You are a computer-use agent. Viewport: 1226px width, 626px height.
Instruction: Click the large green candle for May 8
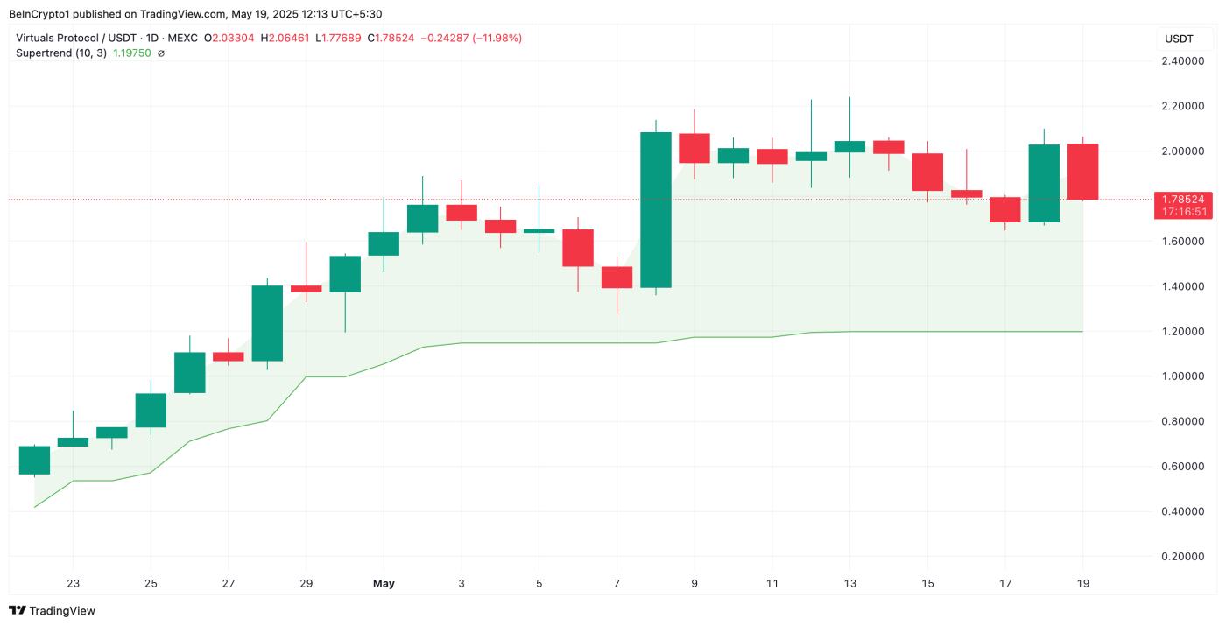click(656, 210)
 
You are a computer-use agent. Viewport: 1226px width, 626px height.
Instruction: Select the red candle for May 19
click(1082, 172)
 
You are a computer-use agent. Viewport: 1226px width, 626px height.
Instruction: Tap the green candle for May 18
click(1044, 183)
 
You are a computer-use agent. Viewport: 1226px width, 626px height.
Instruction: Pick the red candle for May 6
click(578, 248)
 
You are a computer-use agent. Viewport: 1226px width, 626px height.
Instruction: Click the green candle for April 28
click(267, 323)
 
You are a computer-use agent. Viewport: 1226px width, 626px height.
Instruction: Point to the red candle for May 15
click(927, 172)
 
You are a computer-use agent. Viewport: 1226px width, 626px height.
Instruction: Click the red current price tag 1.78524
click(1182, 199)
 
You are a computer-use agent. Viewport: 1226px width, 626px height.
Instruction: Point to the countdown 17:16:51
click(1182, 212)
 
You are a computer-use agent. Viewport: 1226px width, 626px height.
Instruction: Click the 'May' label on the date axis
click(384, 584)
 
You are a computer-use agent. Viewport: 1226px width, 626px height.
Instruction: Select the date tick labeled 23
click(73, 584)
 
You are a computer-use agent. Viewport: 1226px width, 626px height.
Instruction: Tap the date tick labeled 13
click(849, 584)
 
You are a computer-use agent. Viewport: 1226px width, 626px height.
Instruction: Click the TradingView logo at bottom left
click(53, 611)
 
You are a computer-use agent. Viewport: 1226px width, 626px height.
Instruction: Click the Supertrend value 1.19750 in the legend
click(131, 53)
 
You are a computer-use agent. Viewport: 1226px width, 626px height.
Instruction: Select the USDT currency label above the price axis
click(1179, 39)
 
